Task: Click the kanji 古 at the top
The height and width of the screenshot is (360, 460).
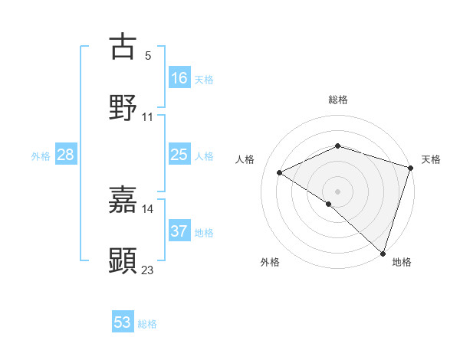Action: click(123, 47)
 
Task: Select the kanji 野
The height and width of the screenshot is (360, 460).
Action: click(123, 108)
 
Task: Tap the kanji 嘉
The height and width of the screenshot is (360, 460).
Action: click(123, 200)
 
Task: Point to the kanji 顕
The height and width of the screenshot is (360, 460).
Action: click(123, 260)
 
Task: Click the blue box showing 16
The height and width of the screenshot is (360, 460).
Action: click(179, 77)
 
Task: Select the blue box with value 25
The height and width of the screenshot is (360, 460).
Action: click(179, 155)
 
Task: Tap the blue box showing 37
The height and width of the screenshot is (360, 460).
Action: click(179, 231)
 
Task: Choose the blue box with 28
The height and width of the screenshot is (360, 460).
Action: click(66, 155)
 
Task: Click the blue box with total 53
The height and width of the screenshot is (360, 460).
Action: click(123, 322)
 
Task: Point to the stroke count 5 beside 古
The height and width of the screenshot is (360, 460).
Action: click(148, 56)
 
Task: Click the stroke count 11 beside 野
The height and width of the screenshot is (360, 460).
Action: click(148, 117)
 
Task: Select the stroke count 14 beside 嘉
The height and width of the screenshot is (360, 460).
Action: click(148, 208)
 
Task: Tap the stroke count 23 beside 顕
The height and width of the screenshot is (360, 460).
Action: click(148, 270)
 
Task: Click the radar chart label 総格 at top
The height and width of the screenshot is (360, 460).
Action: click(338, 100)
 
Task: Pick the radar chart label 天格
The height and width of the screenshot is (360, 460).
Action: click(432, 159)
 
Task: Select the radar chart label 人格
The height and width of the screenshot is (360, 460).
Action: click(245, 159)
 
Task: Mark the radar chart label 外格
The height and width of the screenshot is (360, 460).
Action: click(270, 262)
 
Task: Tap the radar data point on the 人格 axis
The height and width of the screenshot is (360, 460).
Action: click(280, 173)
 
